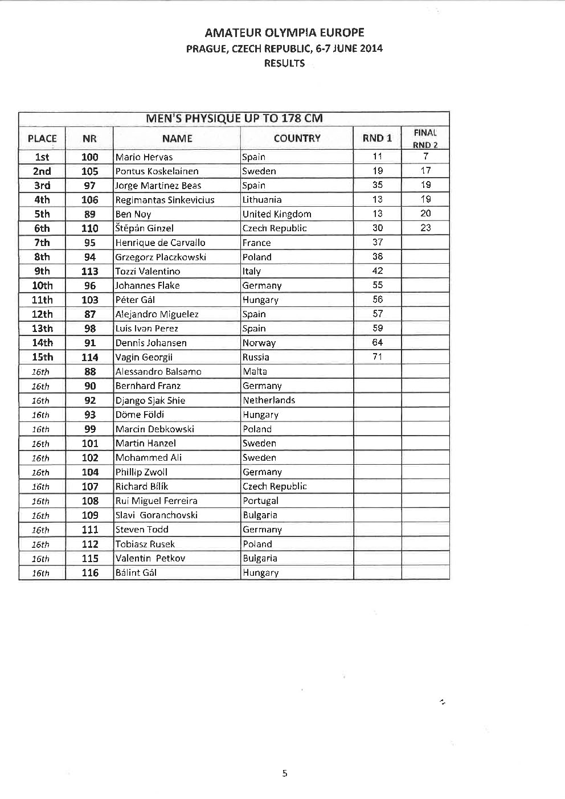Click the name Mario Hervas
(144, 157)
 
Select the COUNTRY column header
(297, 138)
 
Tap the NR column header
(89, 138)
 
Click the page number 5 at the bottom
(285, 773)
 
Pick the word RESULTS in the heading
(284, 63)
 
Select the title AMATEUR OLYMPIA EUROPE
(284, 32)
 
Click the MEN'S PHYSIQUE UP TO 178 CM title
(234, 119)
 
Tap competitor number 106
(90, 200)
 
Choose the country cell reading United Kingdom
(277, 214)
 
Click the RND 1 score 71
(377, 357)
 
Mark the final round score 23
(425, 228)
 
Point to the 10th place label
(42, 285)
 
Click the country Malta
(255, 371)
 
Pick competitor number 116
(90, 573)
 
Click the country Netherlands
(269, 400)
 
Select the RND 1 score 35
(377, 185)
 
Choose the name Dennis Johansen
(151, 343)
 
